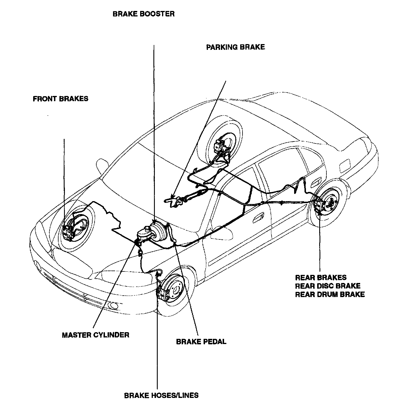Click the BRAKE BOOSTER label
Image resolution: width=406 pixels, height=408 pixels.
(144, 14)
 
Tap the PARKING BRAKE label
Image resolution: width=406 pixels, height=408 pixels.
(235, 47)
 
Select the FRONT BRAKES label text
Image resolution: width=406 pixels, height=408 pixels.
(61, 99)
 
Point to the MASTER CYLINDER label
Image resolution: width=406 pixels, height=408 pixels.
(95, 335)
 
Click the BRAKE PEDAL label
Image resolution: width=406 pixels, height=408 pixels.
(201, 342)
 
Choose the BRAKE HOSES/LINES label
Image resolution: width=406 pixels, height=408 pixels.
(161, 395)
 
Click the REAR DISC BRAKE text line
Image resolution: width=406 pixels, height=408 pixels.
(328, 286)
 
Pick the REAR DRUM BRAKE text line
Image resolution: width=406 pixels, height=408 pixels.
(330, 294)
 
